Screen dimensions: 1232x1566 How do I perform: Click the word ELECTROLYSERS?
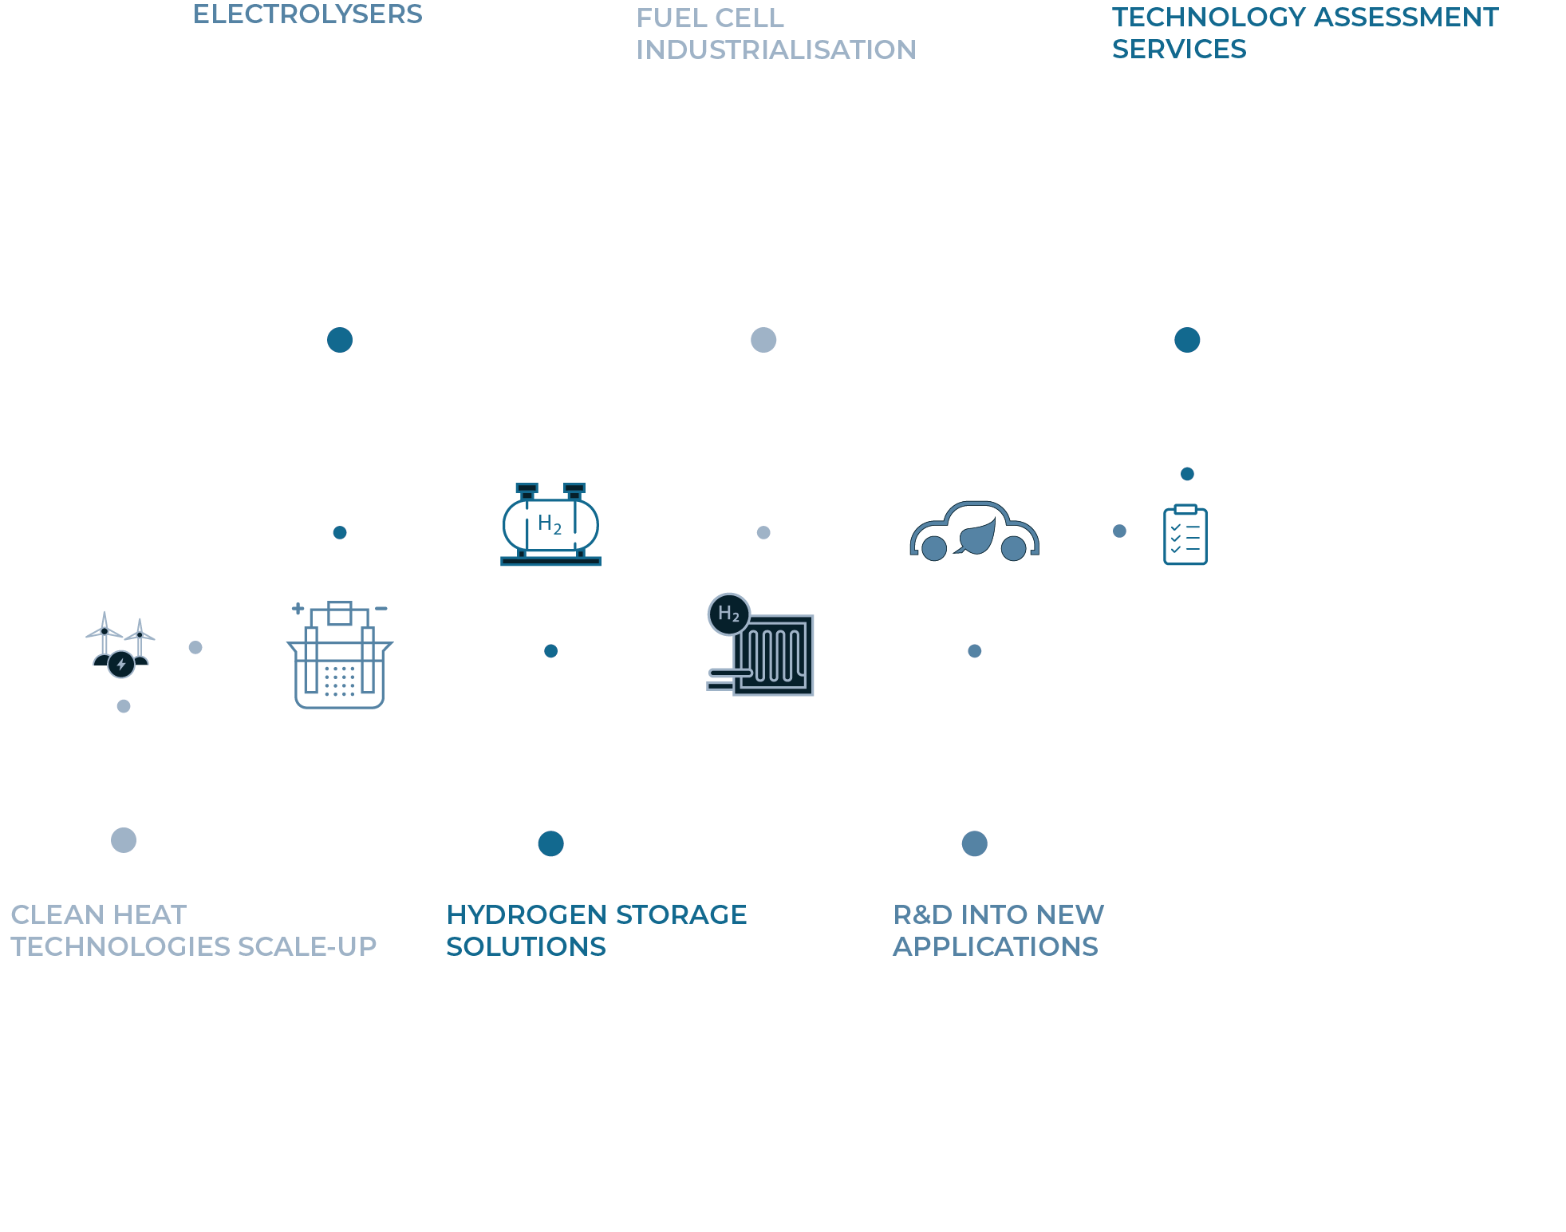308,14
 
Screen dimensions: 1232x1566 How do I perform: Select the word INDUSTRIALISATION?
776,49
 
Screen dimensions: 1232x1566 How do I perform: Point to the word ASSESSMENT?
1406,17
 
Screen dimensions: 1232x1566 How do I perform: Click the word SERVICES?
1179,49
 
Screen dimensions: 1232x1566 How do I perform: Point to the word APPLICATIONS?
996,946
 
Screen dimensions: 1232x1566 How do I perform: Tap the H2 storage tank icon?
550,524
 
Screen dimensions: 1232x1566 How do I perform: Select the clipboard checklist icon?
1185,535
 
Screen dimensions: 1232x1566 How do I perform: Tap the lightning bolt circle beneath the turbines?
121,664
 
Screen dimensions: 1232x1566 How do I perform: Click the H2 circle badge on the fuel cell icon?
728,614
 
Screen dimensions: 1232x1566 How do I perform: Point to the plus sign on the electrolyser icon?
298,609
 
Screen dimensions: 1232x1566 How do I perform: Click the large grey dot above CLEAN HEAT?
124,840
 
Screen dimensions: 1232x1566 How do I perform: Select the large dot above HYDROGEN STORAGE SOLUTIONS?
550,843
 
